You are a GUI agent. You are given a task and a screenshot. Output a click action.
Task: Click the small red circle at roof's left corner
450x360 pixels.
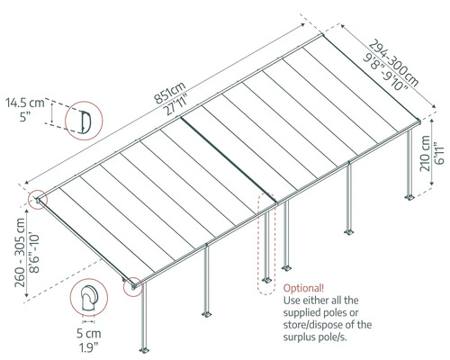coord(38,199)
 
